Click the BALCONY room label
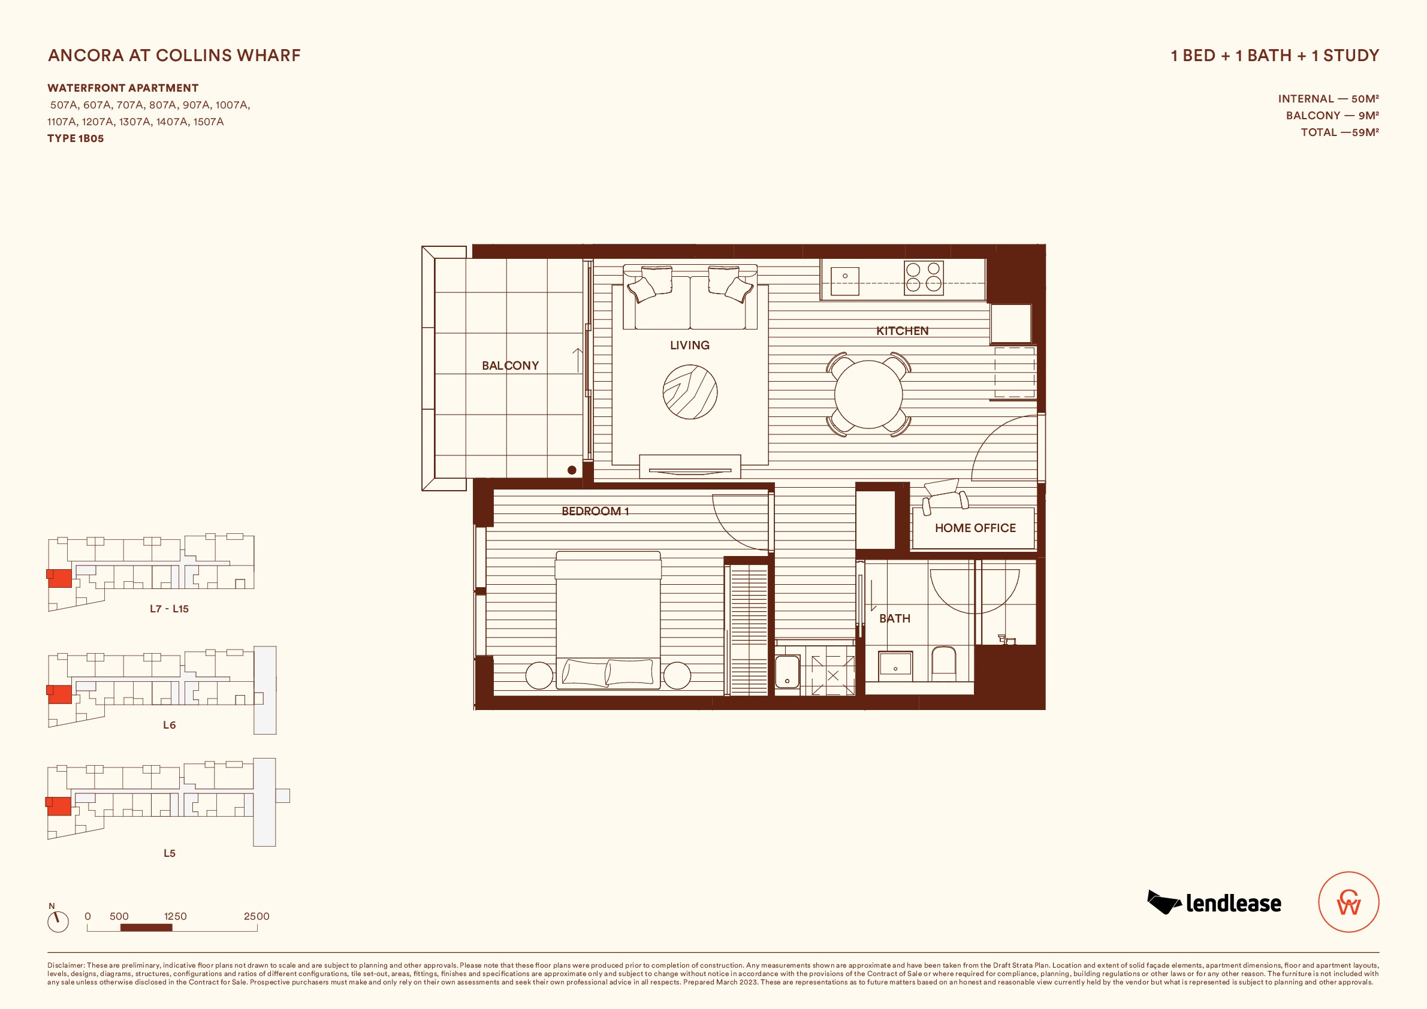tap(510, 365)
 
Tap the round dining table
tap(868, 394)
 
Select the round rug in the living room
tap(690, 391)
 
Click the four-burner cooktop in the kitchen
tap(924, 277)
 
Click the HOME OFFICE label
tap(975, 528)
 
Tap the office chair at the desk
tap(945, 496)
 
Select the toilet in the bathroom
tap(943, 663)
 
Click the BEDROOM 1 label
tap(595, 511)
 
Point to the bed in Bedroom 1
tap(608, 620)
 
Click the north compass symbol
tap(58, 922)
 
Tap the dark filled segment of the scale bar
tap(146, 928)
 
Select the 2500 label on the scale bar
tap(257, 916)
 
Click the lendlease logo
tap(1214, 903)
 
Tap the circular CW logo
tap(1348, 902)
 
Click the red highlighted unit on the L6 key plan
tap(60, 694)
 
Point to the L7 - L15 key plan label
tap(169, 609)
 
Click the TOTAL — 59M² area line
tap(1340, 132)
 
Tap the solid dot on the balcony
tap(572, 470)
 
